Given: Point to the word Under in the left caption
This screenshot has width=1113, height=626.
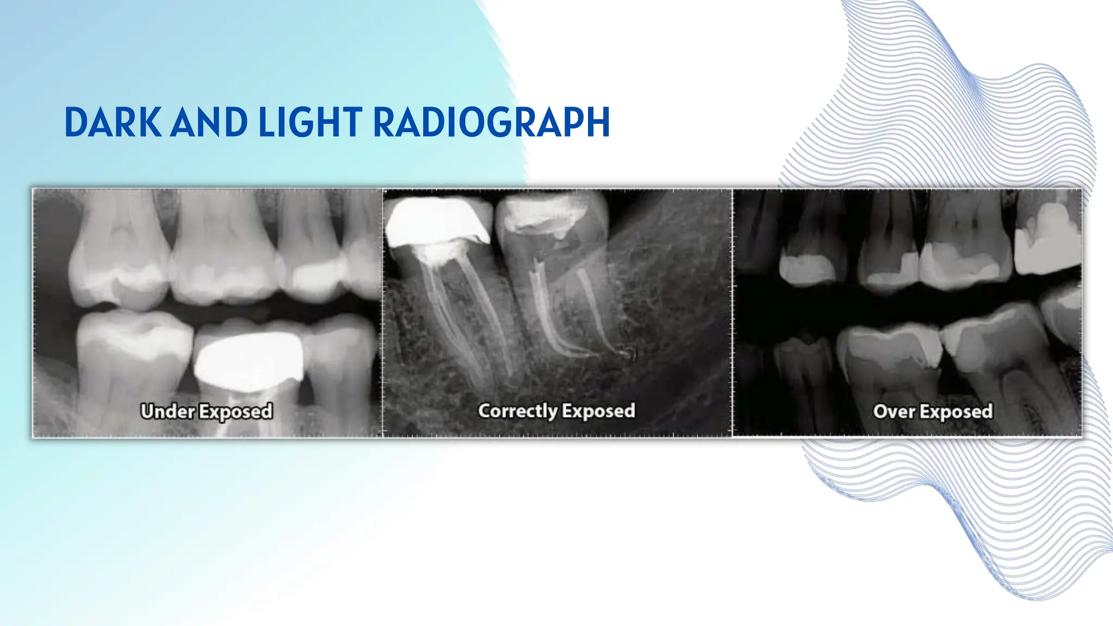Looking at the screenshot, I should (167, 411).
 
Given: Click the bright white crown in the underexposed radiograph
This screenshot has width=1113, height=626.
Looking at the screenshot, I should (249, 358).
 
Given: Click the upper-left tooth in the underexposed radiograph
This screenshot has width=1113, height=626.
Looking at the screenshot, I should (120, 255).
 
